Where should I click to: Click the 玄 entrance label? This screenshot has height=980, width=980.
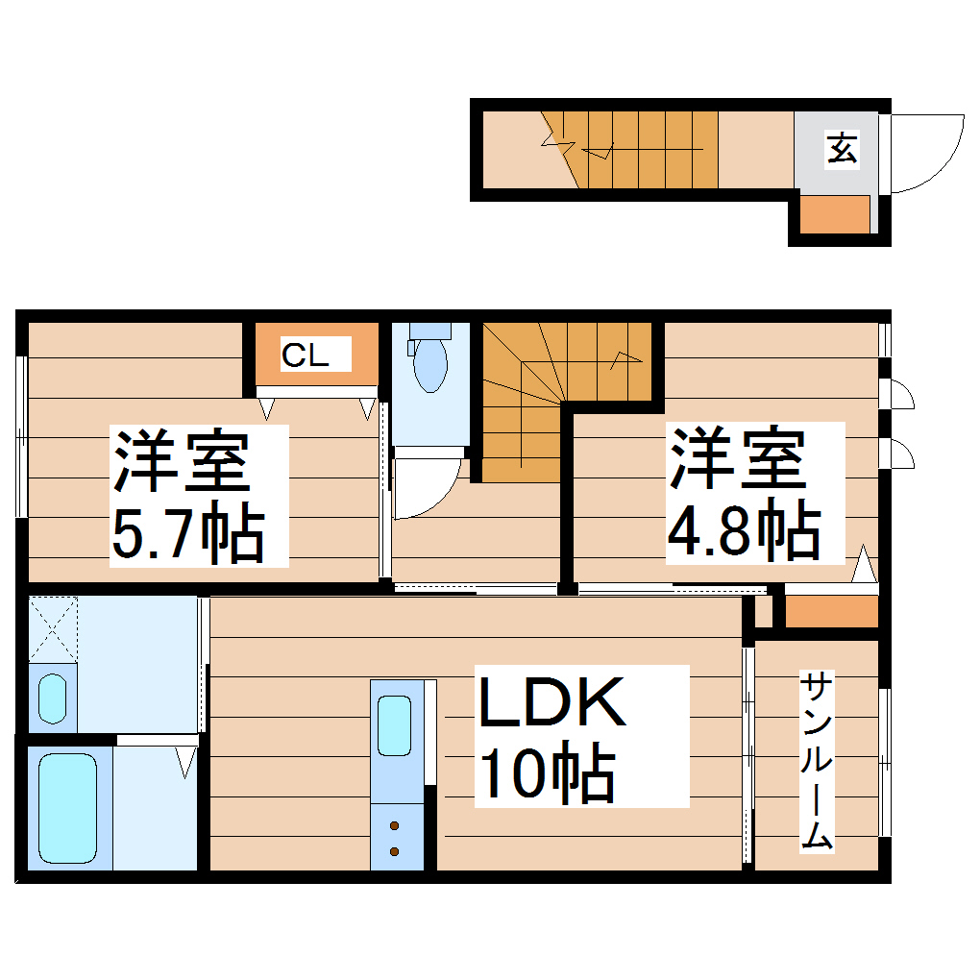tap(843, 149)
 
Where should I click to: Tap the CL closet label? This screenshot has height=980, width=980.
tap(306, 356)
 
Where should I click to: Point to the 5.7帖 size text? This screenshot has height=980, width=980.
tap(188, 535)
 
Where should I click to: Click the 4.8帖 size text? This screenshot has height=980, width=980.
tap(745, 532)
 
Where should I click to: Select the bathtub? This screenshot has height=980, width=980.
tap(68, 807)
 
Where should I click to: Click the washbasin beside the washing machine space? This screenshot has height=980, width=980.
tap(52, 698)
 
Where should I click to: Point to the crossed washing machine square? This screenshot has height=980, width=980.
tap(52, 628)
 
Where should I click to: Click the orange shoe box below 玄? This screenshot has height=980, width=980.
tap(835, 214)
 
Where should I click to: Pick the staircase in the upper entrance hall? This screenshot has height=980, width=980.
tap(640, 150)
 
